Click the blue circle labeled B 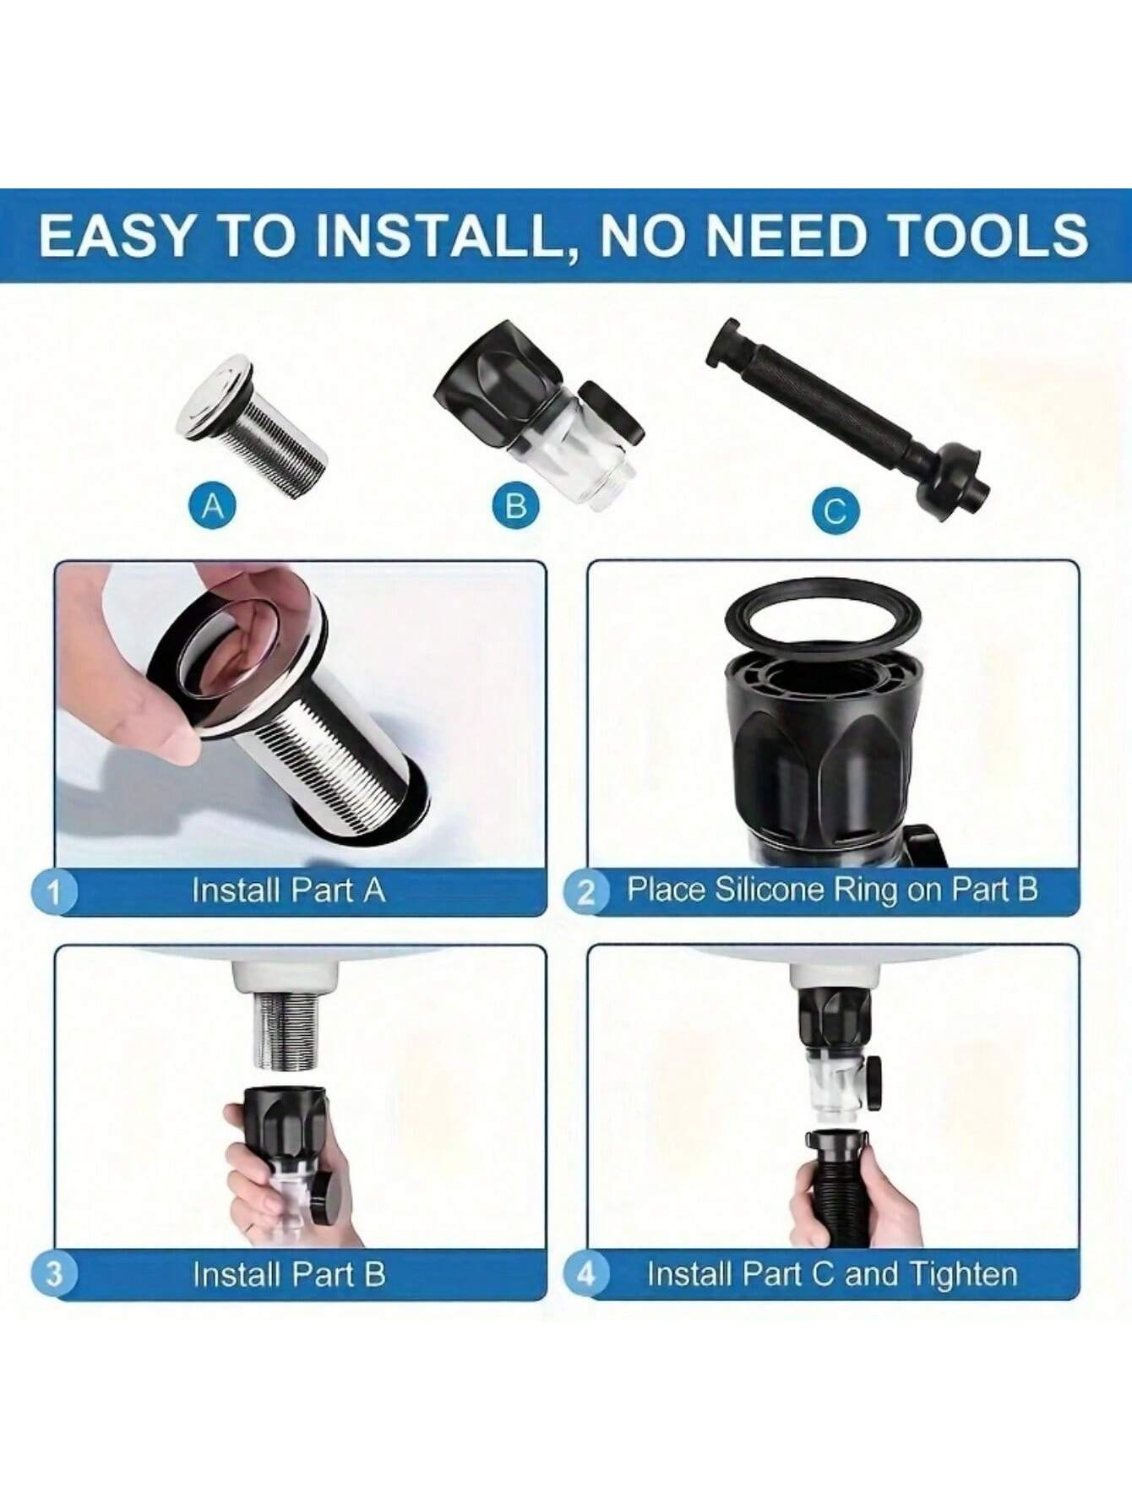(x=515, y=506)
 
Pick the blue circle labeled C (x=835, y=510)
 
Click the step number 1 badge (x=54, y=892)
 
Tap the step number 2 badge (x=585, y=892)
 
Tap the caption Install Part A (x=288, y=891)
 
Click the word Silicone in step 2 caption (x=770, y=891)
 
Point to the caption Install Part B (x=288, y=1273)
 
